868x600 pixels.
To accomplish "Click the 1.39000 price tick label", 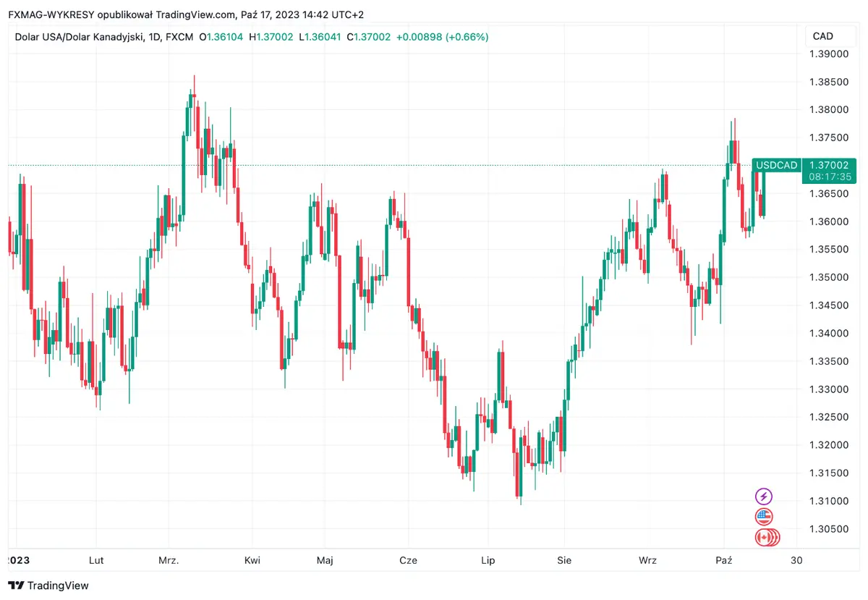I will click(829, 54).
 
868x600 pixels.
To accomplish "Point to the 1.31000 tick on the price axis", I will click(829, 501).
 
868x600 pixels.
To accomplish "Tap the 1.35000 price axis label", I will click(829, 277).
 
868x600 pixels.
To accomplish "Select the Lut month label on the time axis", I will click(95, 560).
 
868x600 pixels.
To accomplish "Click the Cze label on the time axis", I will click(408, 560).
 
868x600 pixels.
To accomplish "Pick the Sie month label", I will click(565, 560).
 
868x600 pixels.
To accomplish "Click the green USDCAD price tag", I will click(776, 166).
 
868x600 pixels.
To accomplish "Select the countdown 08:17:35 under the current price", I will click(829, 177).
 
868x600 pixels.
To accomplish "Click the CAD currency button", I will click(823, 36).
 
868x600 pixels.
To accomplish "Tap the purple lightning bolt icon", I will click(764, 497).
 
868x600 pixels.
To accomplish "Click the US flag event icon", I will click(764, 517).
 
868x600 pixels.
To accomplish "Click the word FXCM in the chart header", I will click(177, 37).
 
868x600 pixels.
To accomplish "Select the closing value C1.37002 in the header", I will click(369, 37).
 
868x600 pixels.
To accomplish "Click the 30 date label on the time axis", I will click(797, 560).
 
